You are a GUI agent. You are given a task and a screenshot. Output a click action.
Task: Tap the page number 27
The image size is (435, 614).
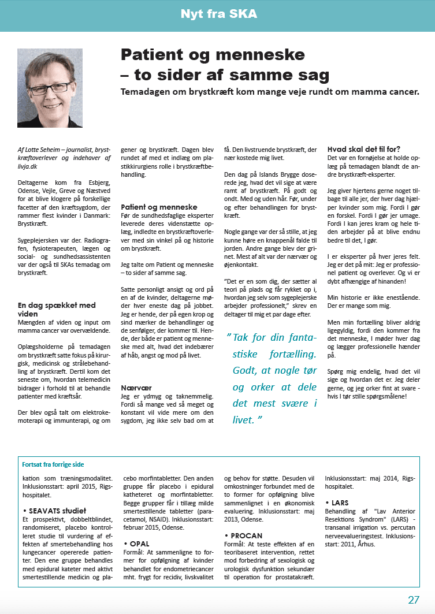[x=414, y=600]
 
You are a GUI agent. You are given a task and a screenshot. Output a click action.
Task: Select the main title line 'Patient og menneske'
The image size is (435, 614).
[x=212, y=55]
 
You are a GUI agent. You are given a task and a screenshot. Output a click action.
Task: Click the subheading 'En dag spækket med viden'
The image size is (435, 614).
[x=57, y=309]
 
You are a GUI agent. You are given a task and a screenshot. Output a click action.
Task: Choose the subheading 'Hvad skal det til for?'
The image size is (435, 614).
[x=364, y=148]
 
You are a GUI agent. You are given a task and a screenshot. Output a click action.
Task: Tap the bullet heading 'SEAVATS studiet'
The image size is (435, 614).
[x=56, y=510]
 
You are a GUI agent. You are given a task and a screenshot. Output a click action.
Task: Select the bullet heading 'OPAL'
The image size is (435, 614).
[x=139, y=544]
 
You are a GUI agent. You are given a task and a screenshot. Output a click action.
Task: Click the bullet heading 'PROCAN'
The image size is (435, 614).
[x=247, y=536]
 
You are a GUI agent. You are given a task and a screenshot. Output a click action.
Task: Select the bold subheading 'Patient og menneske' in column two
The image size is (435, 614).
[x=159, y=207]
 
